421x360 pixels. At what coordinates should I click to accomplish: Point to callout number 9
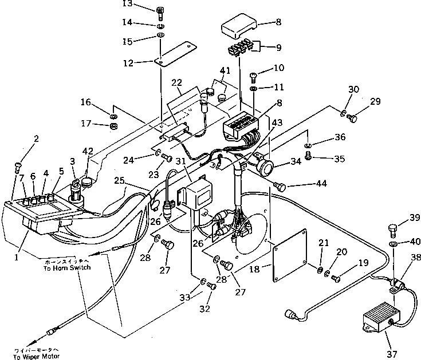pos(279,48)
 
